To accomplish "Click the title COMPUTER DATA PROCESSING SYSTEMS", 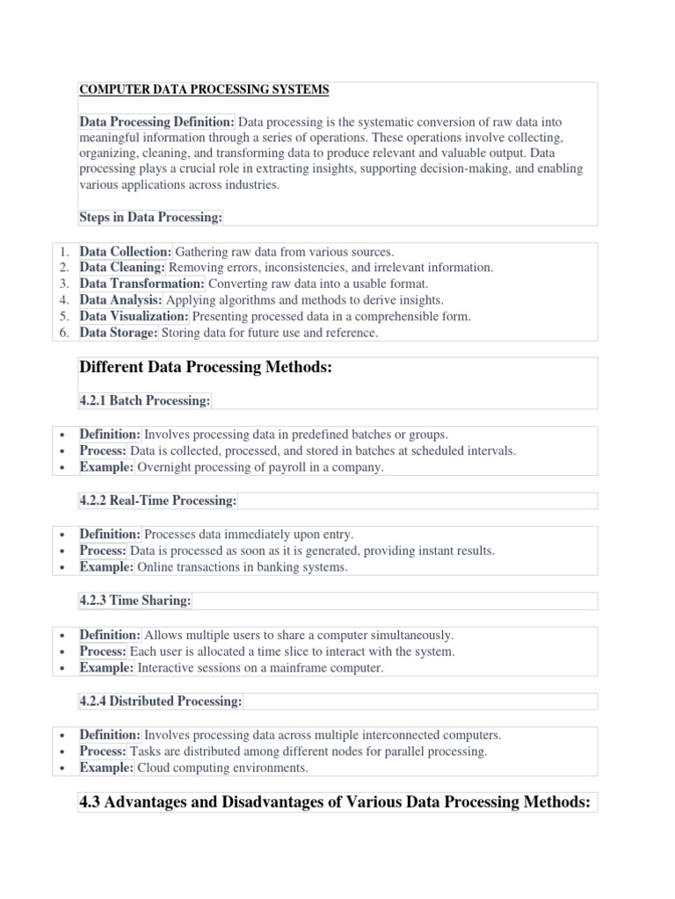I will [204, 90].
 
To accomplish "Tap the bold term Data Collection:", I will [126, 251].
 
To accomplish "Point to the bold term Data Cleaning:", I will [122, 268].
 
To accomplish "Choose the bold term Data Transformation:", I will [142, 284].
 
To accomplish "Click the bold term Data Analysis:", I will [121, 300].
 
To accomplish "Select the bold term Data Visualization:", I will [134, 317].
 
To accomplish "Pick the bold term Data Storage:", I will [119, 333].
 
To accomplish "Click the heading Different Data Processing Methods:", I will [206, 368].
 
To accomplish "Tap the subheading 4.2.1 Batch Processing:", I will [145, 400].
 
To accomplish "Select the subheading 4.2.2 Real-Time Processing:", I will [158, 500].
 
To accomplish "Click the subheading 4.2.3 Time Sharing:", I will [135, 601].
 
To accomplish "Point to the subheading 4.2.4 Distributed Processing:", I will [160, 701].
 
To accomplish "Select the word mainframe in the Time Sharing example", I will [301, 668].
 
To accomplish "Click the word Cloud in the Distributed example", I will [153, 768].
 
